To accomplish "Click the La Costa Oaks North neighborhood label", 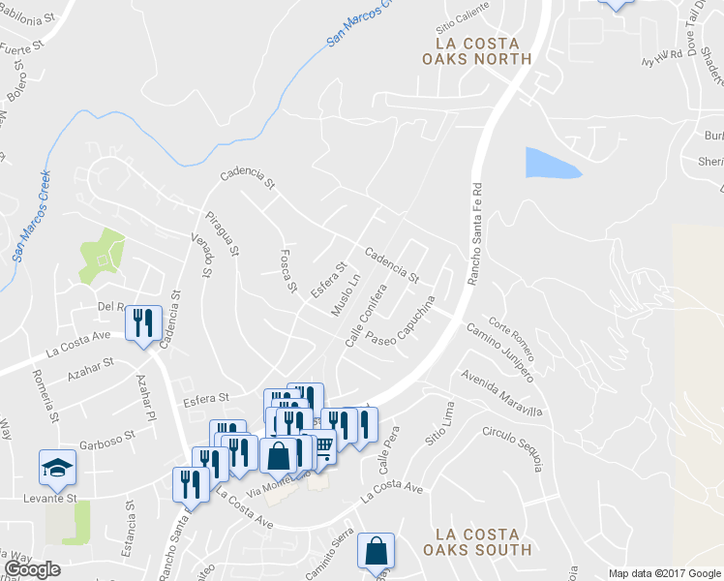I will point(477,51).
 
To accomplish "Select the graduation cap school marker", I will point(58,468).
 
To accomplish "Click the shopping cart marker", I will point(321,446).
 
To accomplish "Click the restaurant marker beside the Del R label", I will point(143,321).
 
